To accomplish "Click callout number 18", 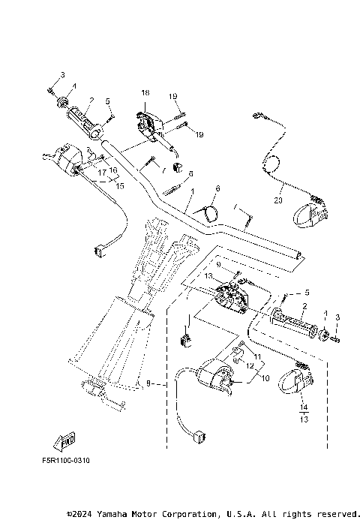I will (145, 92).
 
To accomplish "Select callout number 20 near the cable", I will (278, 200).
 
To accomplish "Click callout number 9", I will (219, 264).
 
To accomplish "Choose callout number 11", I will (256, 356).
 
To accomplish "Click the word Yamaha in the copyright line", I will (115, 514).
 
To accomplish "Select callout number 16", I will (114, 170).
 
